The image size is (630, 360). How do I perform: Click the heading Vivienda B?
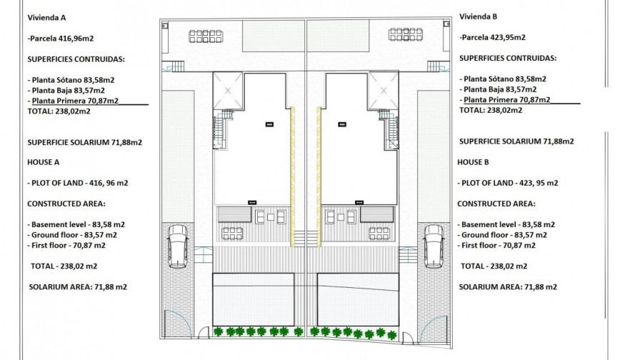pos(479,16)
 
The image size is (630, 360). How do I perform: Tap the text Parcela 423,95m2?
pos(493,37)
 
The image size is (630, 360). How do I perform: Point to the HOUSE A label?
pos(44,162)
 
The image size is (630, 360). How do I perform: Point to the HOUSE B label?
pos(474,162)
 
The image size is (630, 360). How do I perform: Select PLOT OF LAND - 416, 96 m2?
pos(78,183)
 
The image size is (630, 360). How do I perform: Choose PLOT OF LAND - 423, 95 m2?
pos(507,183)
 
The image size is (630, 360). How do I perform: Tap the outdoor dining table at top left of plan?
pos(206,35)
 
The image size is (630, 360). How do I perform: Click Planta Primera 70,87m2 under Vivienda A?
pos(74,101)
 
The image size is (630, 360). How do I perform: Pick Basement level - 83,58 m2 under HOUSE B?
pos(507,224)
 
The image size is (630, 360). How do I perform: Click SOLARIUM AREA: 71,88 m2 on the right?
pos(507,286)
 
